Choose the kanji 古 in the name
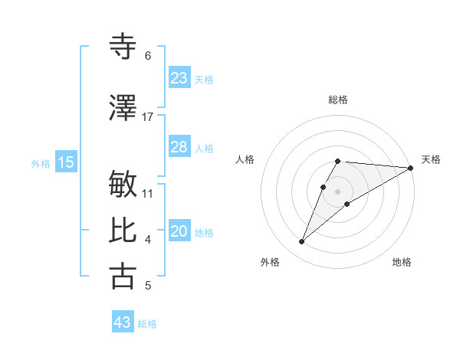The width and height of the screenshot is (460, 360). point(123,276)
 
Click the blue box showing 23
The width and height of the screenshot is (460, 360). point(179,78)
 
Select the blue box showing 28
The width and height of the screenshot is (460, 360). point(179,147)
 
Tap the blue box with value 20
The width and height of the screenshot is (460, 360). point(179,232)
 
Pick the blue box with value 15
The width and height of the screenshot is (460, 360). point(66,162)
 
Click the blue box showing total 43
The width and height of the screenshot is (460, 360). point(123,322)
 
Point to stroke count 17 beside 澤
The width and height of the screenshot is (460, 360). point(148,116)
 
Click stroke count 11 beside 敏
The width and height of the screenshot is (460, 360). point(148,193)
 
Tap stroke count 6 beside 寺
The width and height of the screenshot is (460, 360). point(148,56)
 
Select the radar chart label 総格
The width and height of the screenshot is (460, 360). point(338,100)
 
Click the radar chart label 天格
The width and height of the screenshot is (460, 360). point(431,159)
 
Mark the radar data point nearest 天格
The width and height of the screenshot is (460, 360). point(411,168)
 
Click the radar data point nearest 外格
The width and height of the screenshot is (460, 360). point(302,242)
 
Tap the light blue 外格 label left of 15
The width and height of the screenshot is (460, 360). point(41,163)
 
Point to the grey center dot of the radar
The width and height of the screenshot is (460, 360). point(338,191)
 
